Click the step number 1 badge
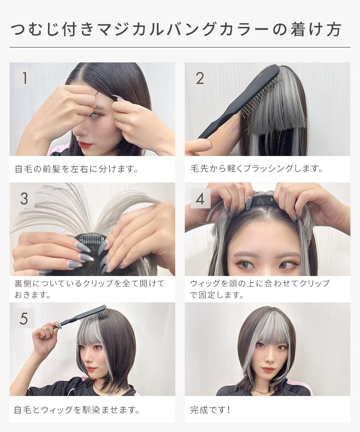pos(24,78)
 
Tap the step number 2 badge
pos(200,78)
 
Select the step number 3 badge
pos(24,198)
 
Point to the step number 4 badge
pos(200,198)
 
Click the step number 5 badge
pos(24,318)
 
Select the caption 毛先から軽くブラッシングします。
pos(257,169)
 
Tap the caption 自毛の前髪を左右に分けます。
pos(76,169)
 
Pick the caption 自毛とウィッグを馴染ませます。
pos(77,410)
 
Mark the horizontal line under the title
pos(180,47)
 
